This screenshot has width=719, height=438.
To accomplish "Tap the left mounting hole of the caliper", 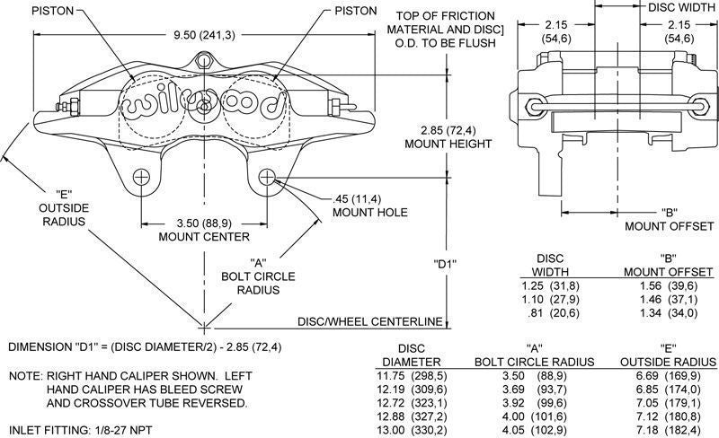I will tap(140, 177).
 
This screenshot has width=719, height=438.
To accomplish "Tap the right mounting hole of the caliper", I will tap(268, 177).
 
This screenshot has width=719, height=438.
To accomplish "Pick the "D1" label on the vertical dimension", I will tap(446, 264).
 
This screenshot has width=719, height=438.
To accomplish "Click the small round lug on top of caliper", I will tap(205, 62).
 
